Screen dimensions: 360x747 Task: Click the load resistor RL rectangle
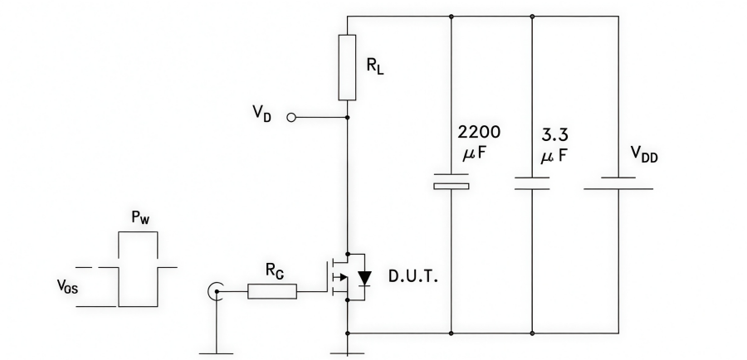[x=348, y=67]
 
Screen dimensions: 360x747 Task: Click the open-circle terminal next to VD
[x=290, y=118]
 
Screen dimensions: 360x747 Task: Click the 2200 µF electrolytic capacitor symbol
[x=451, y=181]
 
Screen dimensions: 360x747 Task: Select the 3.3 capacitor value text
[x=554, y=133]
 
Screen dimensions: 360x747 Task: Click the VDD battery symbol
[x=618, y=182]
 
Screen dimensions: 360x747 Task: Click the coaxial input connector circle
[x=215, y=290]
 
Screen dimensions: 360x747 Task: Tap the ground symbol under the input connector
[x=215, y=351]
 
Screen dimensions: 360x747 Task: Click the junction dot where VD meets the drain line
[x=348, y=118]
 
